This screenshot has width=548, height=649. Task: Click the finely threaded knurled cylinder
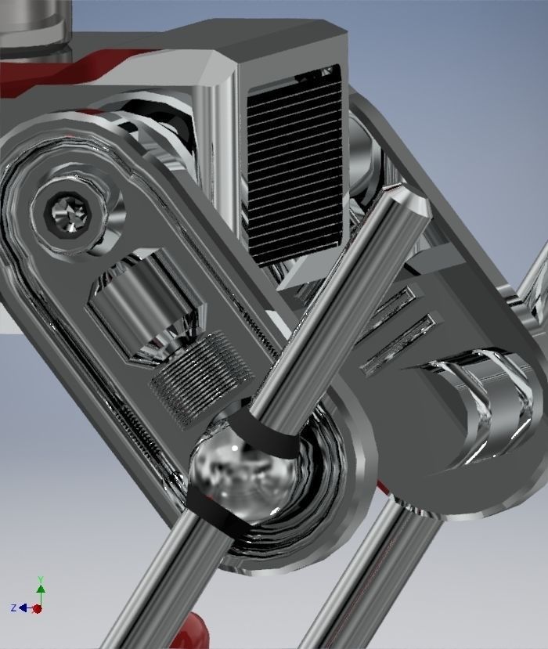coord(202,377)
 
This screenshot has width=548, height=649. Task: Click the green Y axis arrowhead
coord(40,581)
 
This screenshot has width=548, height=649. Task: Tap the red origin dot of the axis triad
coord(38,608)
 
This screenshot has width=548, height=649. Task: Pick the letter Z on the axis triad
coord(14,608)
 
